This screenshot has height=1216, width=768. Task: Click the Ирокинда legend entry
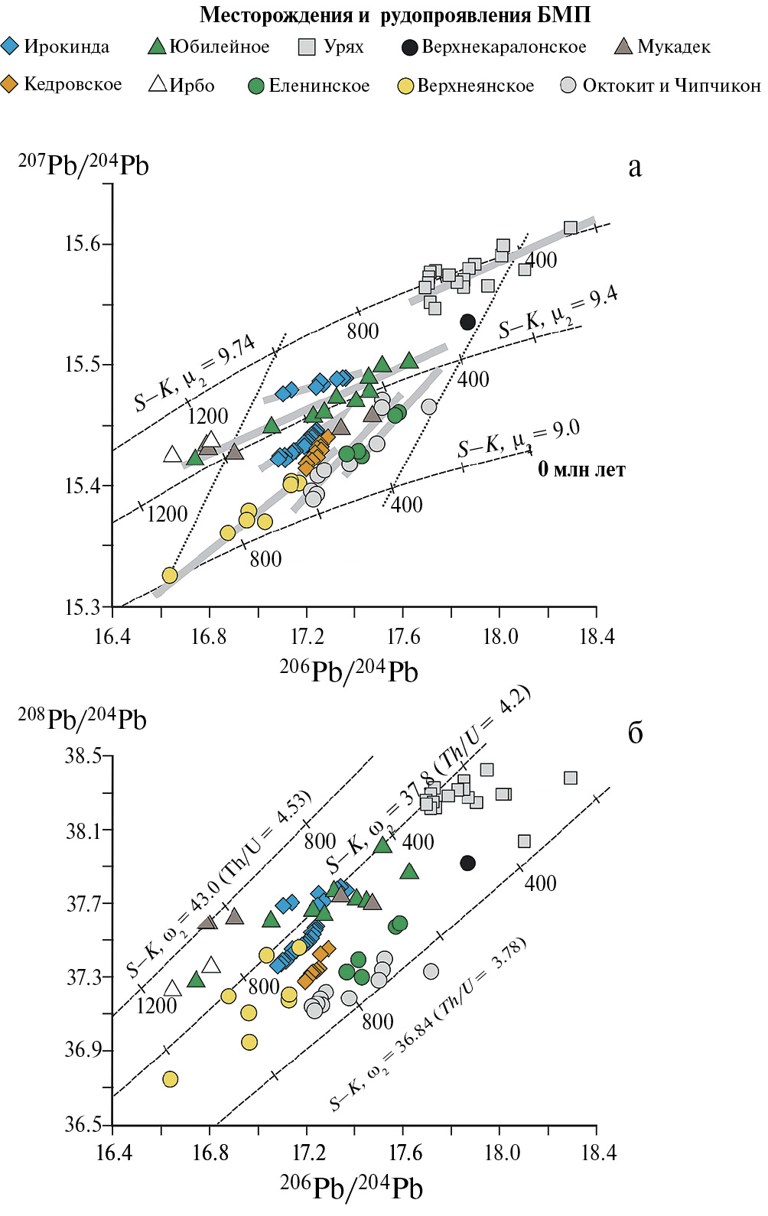coord(57,47)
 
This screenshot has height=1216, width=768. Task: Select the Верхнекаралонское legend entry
coord(494,47)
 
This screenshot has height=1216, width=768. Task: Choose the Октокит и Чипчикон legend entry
coord(661,86)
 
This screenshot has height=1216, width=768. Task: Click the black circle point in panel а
coord(468,322)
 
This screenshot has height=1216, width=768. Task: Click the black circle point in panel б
coord(468,863)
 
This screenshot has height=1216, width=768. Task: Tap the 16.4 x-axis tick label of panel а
coord(112,636)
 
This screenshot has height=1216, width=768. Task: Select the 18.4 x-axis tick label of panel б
coord(597,1153)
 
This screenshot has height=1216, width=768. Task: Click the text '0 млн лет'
coord(581,470)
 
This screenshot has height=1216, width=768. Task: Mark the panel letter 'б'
coord(635,733)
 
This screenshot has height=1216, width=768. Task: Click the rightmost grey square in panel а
coord(570,227)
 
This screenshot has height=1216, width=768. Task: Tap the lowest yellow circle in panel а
coord(170,575)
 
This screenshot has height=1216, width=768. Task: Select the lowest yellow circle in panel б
coord(170,1079)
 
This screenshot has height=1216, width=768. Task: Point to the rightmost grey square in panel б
coord(570,778)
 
